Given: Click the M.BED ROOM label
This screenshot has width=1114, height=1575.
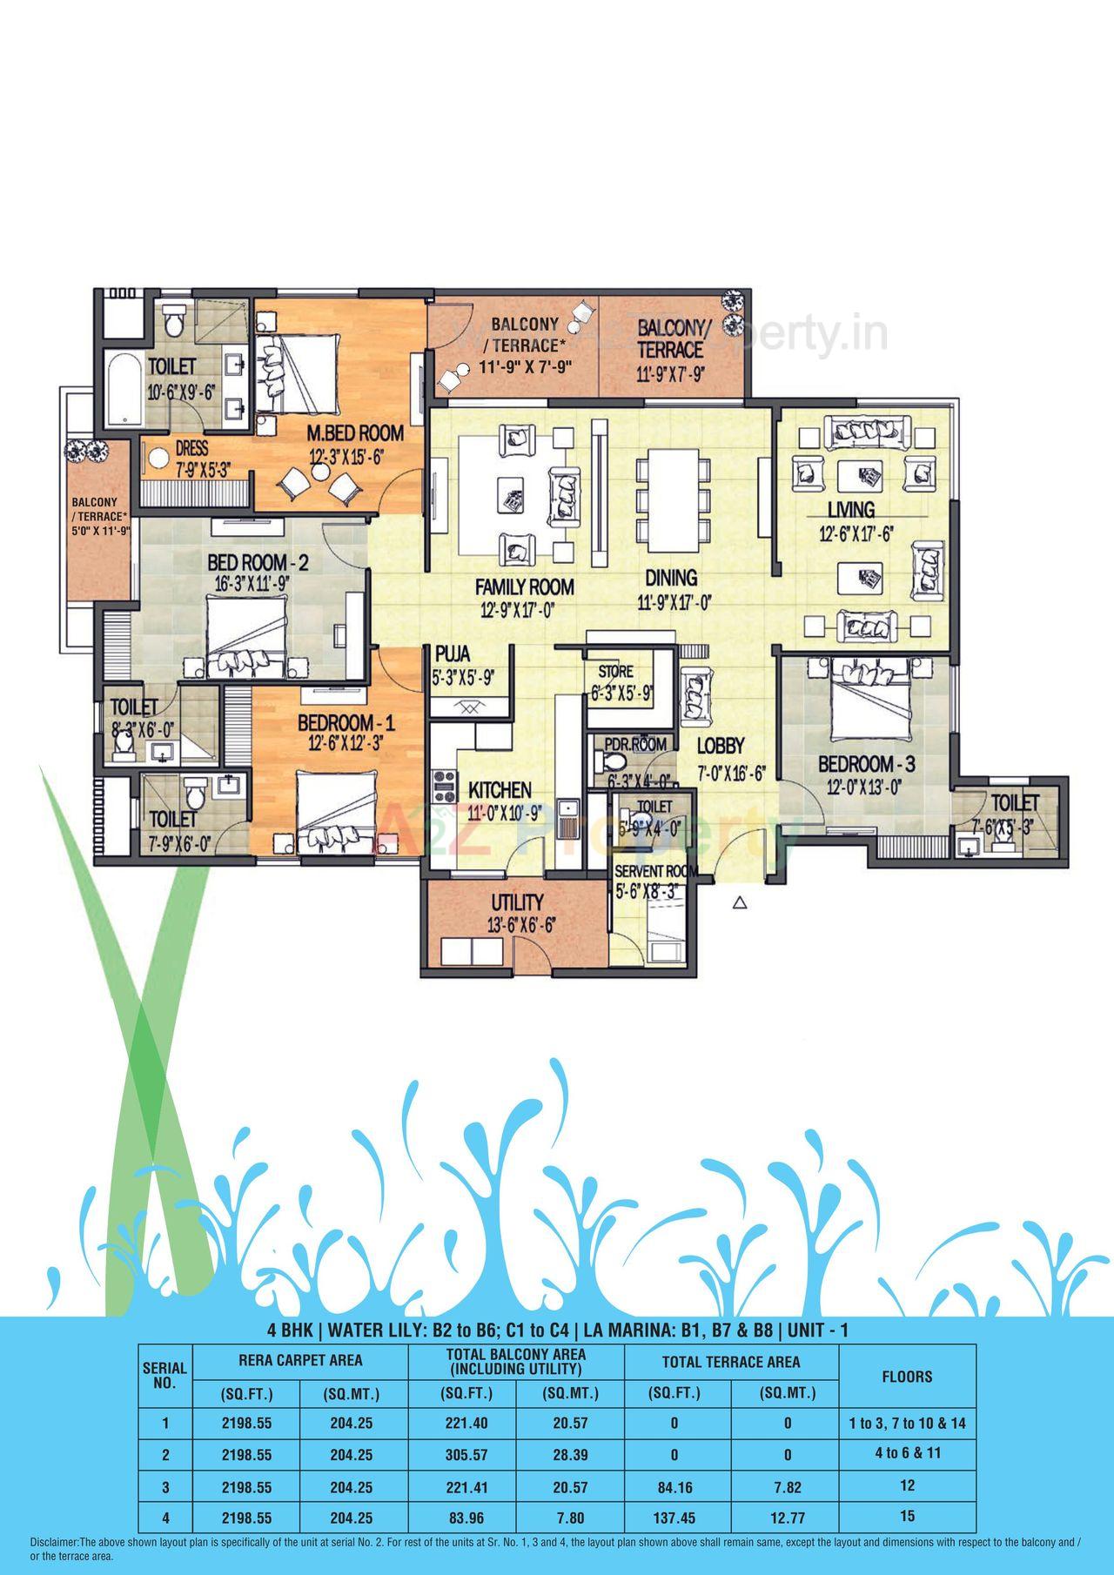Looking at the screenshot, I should [354, 432].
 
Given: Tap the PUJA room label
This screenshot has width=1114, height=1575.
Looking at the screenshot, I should [453, 653].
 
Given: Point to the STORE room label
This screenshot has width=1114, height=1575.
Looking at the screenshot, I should [615, 672].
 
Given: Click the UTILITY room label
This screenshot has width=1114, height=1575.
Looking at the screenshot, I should [517, 902].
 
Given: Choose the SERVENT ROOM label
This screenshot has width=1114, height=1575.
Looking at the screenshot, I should [652, 871].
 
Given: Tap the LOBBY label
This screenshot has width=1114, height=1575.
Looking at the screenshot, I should [720, 746].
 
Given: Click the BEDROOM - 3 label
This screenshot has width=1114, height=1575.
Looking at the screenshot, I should [866, 765].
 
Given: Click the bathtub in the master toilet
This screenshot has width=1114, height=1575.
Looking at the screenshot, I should [121, 390].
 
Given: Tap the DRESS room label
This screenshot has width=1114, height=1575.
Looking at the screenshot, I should [191, 448].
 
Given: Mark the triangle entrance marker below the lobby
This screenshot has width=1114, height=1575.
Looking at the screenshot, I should [740, 903].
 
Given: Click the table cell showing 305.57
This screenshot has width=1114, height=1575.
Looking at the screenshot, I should [463, 1454].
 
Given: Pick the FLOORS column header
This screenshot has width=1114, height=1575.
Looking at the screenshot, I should [907, 1377].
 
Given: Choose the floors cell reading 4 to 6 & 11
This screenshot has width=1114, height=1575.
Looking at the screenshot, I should [907, 1453].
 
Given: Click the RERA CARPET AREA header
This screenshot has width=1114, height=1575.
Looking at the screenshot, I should [300, 1360].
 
